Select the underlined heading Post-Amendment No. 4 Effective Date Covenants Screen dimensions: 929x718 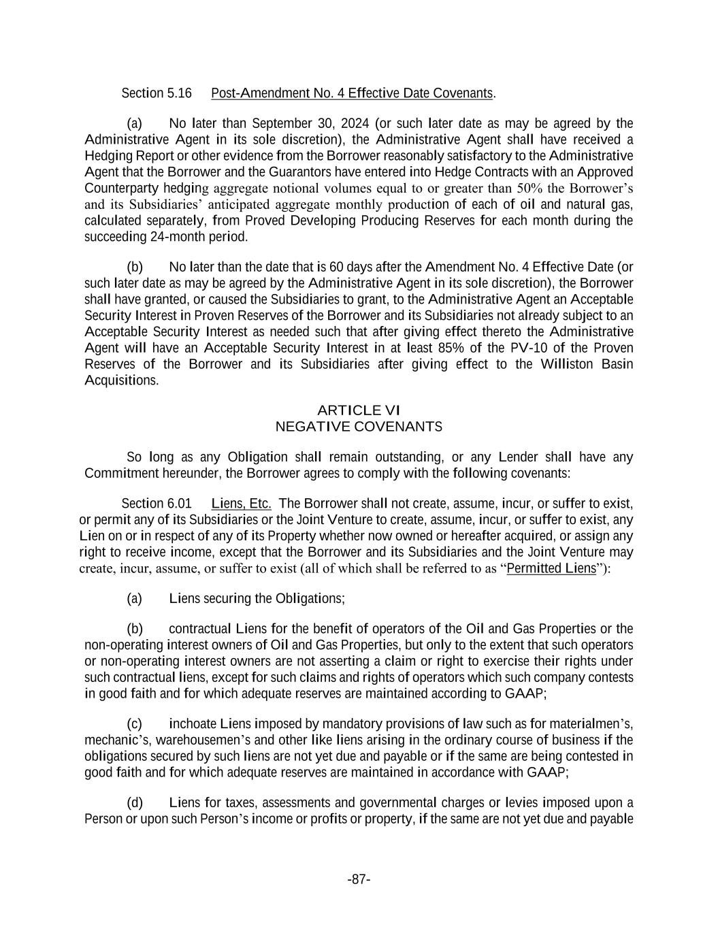point(352,93)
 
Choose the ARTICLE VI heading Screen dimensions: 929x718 point(359,410)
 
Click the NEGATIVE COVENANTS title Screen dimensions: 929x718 point(359,427)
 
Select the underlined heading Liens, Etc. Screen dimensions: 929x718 point(242,504)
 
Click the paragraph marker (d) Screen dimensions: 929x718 point(134,802)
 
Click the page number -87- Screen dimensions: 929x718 point(359,880)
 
